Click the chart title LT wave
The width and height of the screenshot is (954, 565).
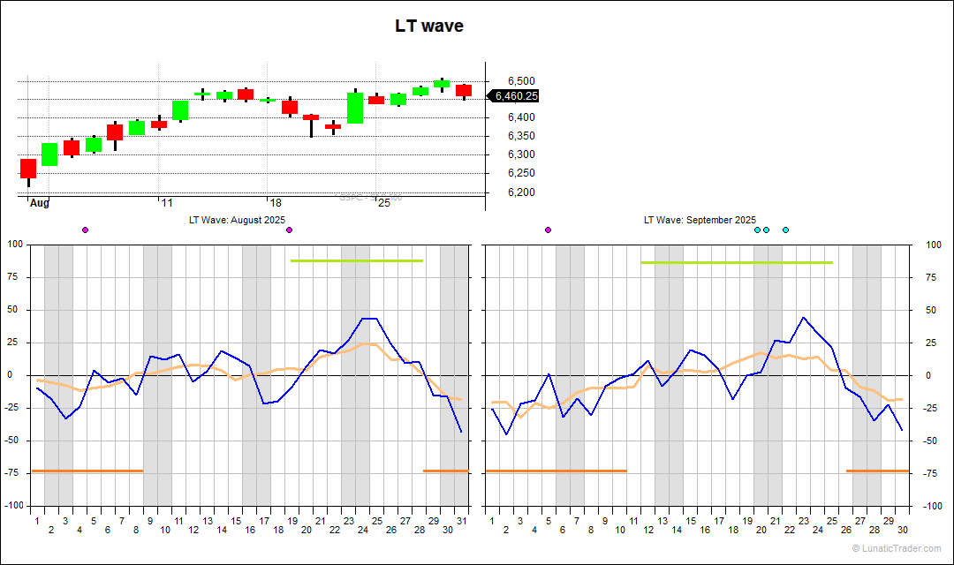428,26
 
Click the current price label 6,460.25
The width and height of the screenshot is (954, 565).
516,96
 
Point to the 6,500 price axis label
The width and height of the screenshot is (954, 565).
521,81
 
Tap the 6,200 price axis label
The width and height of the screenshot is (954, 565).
521,192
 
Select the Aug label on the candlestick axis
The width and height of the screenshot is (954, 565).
40,203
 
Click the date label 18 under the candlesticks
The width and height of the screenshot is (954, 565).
276,203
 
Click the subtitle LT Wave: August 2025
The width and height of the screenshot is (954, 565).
238,220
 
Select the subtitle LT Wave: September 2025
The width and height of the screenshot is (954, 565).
700,220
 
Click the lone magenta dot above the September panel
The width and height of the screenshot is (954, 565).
549,230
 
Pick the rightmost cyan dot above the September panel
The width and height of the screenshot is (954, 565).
785,230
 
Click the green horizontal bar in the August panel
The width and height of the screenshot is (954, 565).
357,260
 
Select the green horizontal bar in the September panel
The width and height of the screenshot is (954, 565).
737,262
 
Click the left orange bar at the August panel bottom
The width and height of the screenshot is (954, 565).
87,471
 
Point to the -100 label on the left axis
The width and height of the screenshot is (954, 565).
16,506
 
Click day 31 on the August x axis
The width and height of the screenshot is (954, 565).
461,521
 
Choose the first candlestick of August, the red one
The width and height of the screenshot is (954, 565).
28,169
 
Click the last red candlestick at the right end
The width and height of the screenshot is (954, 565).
464,90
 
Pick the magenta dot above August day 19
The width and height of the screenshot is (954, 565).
289,230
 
